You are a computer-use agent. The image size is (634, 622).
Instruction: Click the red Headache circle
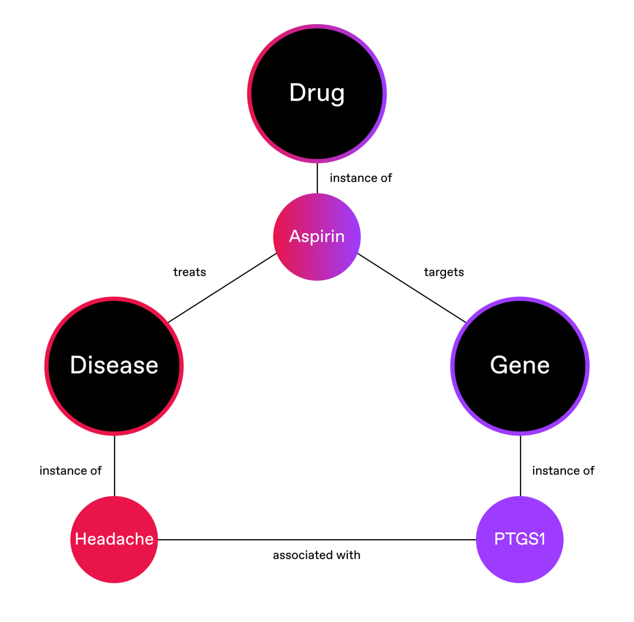114,563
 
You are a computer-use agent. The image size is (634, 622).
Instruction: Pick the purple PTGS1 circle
520,563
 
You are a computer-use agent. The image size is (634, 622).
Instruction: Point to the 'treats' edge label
190,272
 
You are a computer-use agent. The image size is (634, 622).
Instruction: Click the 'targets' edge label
444,272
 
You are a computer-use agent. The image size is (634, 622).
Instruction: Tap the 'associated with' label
317,555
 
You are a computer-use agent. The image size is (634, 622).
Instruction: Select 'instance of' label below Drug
361,178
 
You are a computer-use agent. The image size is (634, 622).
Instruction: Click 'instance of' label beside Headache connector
70,471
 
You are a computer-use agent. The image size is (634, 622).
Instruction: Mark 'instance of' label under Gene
563,471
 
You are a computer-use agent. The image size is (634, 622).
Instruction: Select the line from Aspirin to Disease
223,288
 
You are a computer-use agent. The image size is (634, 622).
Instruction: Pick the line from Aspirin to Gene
411,288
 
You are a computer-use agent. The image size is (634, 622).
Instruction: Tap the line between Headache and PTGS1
317,540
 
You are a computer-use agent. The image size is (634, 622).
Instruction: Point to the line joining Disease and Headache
114,466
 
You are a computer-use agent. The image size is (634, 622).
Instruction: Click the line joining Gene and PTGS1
520,466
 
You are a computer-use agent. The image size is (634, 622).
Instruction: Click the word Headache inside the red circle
114,539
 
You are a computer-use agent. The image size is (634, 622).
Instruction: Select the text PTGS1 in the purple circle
520,539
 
